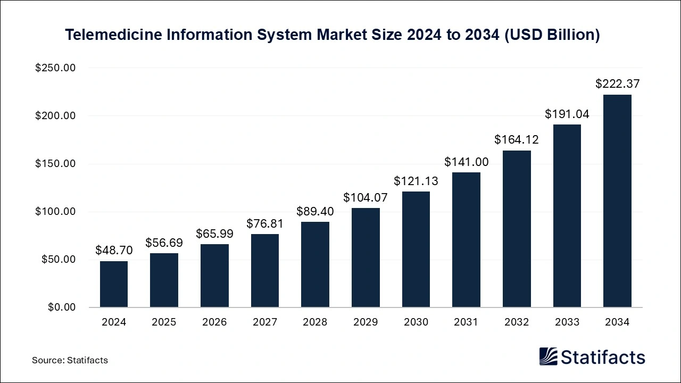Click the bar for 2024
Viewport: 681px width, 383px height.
tap(114, 284)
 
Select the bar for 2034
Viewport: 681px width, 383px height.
tap(617, 201)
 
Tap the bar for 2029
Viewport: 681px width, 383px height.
tap(366, 257)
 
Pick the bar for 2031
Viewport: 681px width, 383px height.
tap(466, 240)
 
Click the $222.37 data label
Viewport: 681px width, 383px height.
tap(617, 84)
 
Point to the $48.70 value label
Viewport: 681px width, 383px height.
tap(114, 250)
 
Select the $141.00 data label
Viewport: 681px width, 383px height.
tap(466, 161)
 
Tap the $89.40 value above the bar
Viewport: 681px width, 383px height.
tap(315, 211)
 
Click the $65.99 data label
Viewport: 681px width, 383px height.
tap(214, 234)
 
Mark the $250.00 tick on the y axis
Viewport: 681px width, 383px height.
tap(55, 68)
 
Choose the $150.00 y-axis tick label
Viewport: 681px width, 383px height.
tap(55, 164)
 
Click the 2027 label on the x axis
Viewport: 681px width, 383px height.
tap(264, 322)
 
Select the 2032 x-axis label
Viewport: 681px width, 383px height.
tap(516, 322)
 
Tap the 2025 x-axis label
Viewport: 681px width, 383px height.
tap(164, 322)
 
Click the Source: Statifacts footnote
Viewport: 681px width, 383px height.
tap(70, 360)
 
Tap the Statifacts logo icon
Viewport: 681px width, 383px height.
tap(548, 356)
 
